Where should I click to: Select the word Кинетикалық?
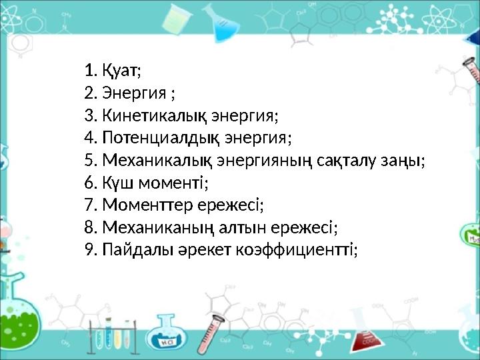[x=155, y=116]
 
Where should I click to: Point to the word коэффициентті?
[x=297, y=251]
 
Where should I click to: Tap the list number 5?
[x=91, y=161]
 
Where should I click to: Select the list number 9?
[x=91, y=251]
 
